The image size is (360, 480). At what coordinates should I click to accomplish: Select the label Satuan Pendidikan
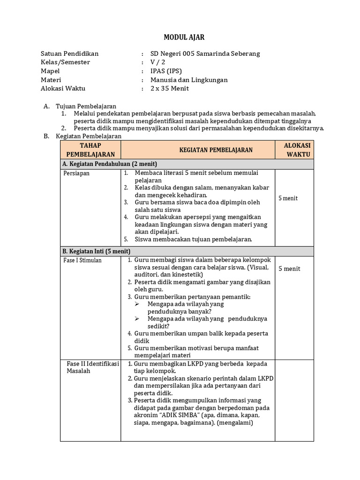pos(70,53)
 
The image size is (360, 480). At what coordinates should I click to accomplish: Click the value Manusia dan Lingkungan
pos(189,80)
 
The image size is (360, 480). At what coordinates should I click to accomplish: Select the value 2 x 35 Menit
pos(169,89)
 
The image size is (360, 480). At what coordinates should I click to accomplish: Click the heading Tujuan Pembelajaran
pos(86,106)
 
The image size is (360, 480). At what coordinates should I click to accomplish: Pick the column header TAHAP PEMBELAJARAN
pos(90,150)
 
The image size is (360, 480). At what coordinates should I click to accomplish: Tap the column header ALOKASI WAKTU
pos(294,150)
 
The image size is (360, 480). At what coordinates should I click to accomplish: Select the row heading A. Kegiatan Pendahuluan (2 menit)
pos(109,164)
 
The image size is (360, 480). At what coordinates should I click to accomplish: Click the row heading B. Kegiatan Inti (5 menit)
pos(96,251)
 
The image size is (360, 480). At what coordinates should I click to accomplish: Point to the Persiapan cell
pos(76,173)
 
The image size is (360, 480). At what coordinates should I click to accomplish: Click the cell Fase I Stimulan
pos(82,260)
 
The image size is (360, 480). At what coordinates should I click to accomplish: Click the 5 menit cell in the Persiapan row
pos(288,198)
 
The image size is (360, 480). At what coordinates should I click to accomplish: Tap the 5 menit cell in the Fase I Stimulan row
pos(289,269)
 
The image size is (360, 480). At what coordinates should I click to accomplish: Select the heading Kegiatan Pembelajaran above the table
pos(89,136)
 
